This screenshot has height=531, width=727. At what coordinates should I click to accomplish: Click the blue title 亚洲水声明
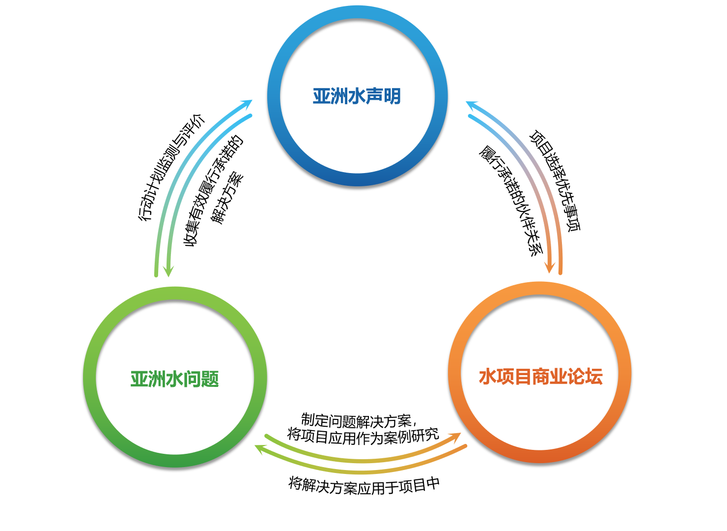tap(357, 96)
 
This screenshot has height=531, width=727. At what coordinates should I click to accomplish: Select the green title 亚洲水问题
tap(174, 379)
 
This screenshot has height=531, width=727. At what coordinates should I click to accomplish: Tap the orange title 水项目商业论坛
tap(540, 377)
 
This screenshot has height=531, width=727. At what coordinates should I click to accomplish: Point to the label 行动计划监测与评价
tap(171, 167)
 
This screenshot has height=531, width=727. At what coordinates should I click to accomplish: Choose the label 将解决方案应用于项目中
tap(364, 486)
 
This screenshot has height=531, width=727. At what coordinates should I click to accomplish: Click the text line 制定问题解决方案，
tap(359, 420)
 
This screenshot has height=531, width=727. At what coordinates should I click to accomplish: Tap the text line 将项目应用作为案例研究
tap(363, 436)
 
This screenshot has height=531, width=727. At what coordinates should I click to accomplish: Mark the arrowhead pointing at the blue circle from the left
tap(246, 104)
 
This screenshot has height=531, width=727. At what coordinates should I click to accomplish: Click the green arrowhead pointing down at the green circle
tap(168, 270)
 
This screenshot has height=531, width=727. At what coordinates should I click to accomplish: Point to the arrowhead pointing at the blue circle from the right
tap(472, 105)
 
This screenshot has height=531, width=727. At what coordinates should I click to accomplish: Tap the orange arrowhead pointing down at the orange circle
tap(550, 267)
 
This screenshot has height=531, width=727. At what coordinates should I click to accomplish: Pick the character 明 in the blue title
tap(392, 96)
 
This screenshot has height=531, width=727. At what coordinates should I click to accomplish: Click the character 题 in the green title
tap(210, 379)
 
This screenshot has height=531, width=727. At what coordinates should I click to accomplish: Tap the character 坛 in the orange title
tap(594, 377)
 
